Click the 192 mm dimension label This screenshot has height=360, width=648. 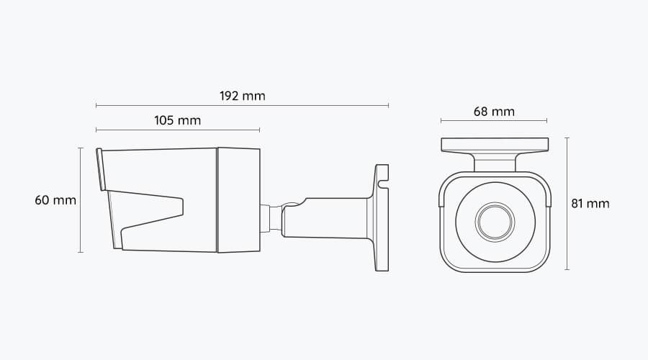coord(242,96)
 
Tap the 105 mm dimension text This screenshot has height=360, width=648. coord(177,120)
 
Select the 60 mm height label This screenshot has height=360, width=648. coord(55,200)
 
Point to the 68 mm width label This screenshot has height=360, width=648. coord(494,112)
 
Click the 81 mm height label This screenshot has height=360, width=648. coord(590,204)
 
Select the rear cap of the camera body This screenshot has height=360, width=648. coord(238,200)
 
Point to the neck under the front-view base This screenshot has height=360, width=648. coord(494,162)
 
